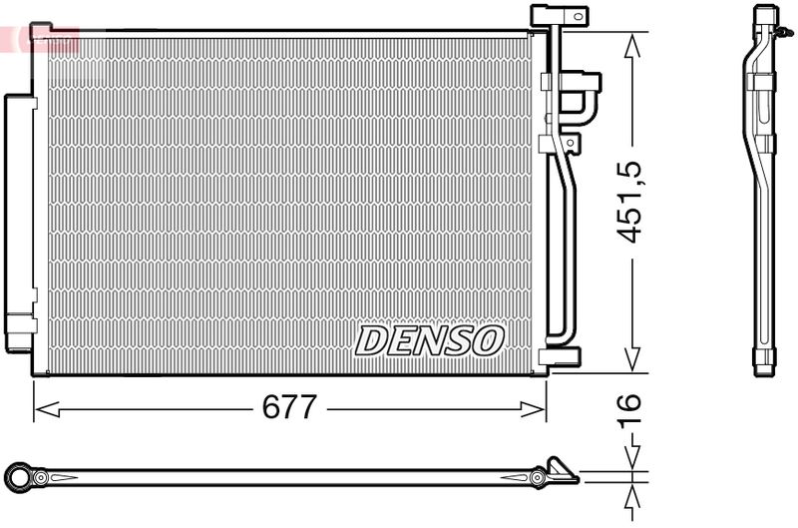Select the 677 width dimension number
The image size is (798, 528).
pos(289,407)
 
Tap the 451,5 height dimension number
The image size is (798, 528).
pos(629,203)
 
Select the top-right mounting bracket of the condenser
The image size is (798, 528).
pos(560,17)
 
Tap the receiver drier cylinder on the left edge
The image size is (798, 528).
pos(19,223)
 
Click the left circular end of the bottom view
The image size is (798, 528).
pos(18,476)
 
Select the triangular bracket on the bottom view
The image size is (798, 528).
pos(559,468)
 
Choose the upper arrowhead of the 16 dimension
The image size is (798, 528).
pos(630,460)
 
